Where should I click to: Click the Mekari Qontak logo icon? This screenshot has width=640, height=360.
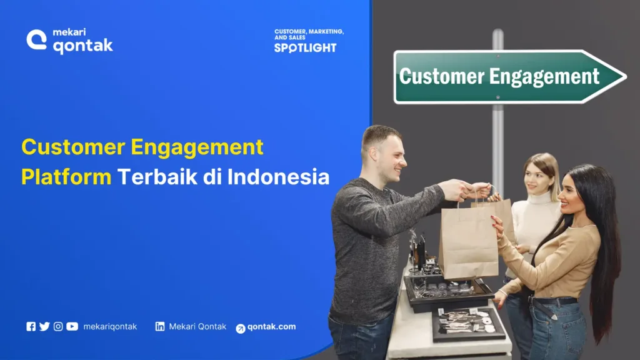point(37,39)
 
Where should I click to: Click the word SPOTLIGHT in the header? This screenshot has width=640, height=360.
point(305,48)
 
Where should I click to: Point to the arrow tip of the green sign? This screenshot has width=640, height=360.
point(623,77)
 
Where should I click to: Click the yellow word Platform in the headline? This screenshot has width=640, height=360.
point(66,177)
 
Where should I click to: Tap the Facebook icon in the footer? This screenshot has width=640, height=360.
point(31,326)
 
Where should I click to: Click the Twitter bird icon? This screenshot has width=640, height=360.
point(44,326)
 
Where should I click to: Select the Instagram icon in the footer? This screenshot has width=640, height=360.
point(58,326)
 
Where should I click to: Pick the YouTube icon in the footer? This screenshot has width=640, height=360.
point(72,326)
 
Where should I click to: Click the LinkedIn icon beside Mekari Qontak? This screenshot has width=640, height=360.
point(160,326)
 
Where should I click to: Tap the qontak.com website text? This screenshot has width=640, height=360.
point(271,327)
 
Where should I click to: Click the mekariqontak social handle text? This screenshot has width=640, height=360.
point(110,326)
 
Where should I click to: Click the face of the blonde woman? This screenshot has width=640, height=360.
point(536,177)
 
